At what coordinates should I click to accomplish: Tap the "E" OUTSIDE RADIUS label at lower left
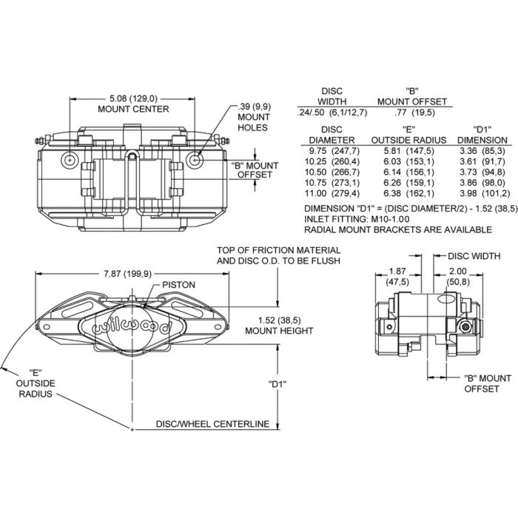tap(35, 383)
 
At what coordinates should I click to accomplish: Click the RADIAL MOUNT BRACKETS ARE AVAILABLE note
tap(398, 229)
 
